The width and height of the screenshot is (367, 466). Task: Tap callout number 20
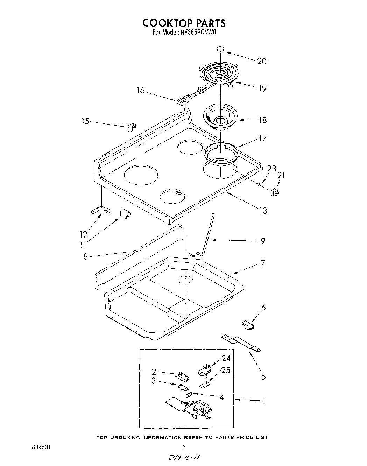(261, 62)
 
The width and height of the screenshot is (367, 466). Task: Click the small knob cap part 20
(220, 49)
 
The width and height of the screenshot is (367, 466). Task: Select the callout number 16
(140, 91)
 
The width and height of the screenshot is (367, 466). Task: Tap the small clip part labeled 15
(132, 127)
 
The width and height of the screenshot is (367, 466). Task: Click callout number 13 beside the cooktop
(262, 210)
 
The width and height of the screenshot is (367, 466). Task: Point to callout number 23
(271, 168)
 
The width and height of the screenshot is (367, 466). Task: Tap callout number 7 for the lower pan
(263, 263)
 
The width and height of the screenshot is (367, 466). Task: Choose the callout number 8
(85, 256)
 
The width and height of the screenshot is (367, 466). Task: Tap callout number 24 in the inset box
(226, 358)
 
